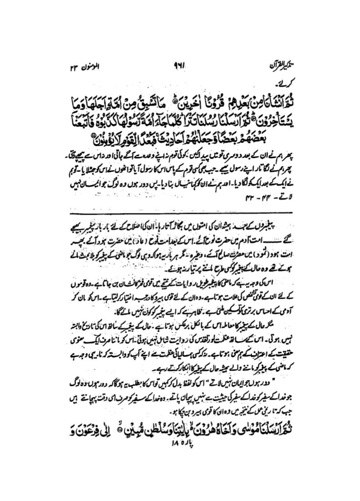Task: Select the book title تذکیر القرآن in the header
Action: point(279,65)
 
